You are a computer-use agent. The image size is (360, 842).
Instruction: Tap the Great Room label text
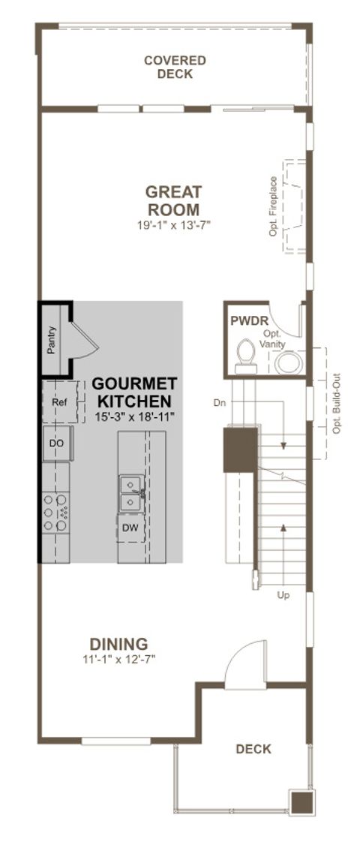click(x=172, y=200)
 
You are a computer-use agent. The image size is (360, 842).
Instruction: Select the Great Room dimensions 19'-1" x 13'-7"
click(x=172, y=224)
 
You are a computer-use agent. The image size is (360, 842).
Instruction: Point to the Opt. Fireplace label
click(x=274, y=206)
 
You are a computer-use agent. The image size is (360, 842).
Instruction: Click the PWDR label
click(x=244, y=321)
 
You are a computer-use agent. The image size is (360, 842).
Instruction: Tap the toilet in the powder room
click(x=245, y=356)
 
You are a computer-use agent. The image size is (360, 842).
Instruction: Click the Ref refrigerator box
click(x=59, y=402)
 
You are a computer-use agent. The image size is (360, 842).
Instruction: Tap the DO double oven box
click(x=57, y=443)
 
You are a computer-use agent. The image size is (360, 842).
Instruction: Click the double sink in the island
click(x=131, y=492)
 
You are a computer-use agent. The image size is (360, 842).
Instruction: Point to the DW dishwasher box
click(x=131, y=528)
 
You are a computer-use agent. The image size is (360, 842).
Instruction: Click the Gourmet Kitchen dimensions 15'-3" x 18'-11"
click(x=135, y=416)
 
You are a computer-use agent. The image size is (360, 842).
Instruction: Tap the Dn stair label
click(x=219, y=403)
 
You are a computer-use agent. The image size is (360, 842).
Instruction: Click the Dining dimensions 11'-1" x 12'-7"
click(x=118, y=660)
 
